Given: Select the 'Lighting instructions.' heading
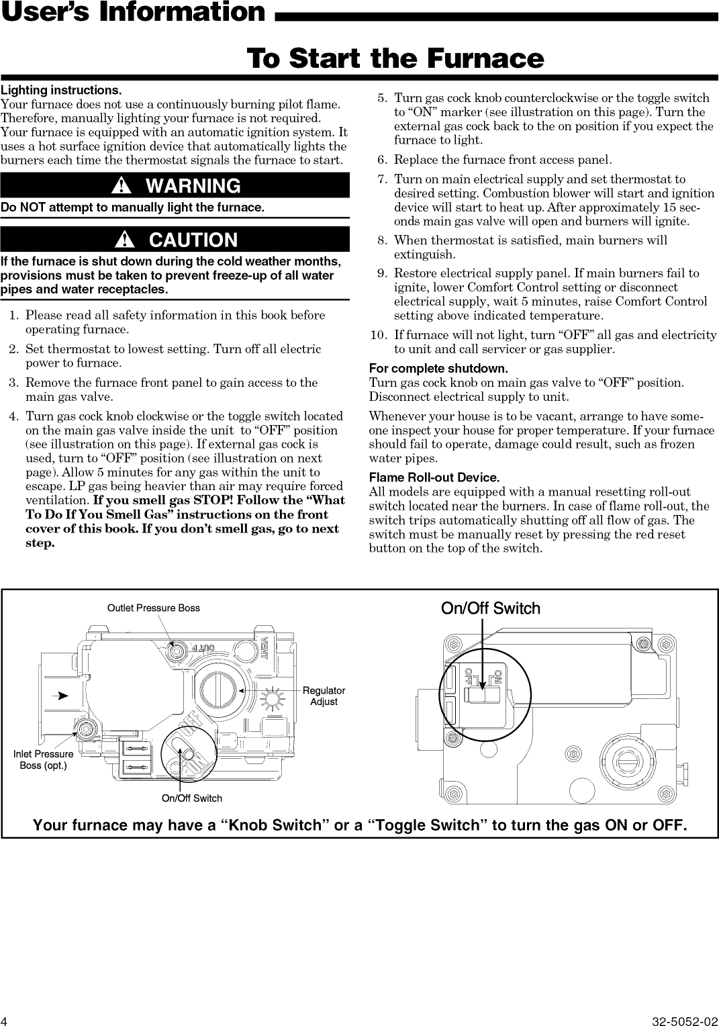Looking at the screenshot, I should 61,90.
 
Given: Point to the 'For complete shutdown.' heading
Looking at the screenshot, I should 438,369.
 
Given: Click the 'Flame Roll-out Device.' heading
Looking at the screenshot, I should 434,477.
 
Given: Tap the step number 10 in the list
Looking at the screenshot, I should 379,334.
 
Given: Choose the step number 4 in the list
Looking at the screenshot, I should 14,416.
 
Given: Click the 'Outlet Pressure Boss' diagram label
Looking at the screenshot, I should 154,608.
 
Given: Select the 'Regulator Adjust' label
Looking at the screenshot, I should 324,696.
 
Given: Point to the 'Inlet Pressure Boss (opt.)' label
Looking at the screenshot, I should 44,759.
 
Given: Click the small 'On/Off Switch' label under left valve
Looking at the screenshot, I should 192,798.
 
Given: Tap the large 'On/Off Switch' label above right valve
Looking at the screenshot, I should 490,608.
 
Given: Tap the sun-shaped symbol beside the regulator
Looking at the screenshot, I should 274,699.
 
